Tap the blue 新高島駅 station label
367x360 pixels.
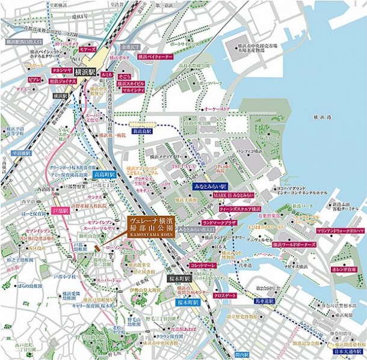point(141,130)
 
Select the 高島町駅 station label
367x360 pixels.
point(104,174)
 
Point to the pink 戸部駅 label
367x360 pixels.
point(60,212)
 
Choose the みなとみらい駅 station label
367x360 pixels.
point(208,187)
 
